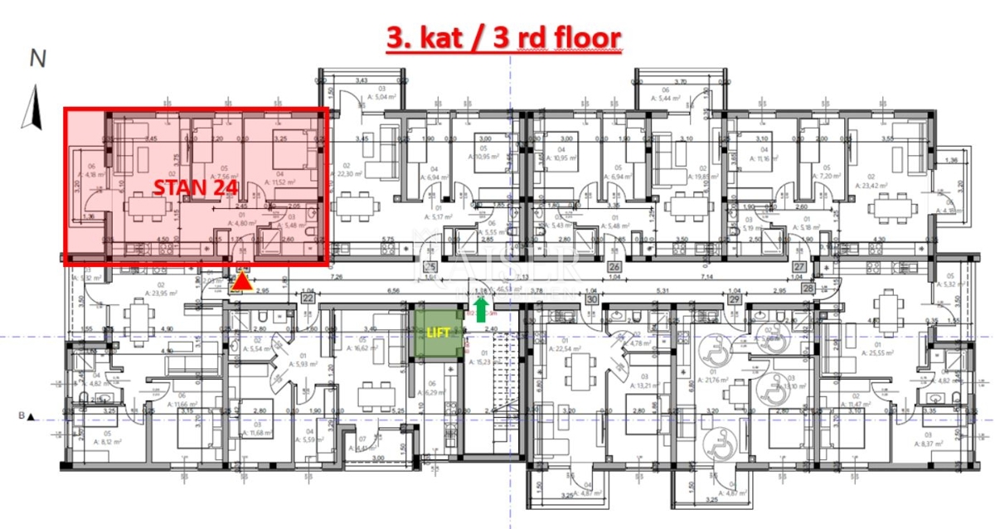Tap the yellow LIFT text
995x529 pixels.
435,332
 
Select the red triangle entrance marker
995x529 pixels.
241,283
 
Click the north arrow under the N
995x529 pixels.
34,109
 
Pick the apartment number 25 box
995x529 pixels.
430,267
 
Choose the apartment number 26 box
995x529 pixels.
614,267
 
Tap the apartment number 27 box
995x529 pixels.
799,267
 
